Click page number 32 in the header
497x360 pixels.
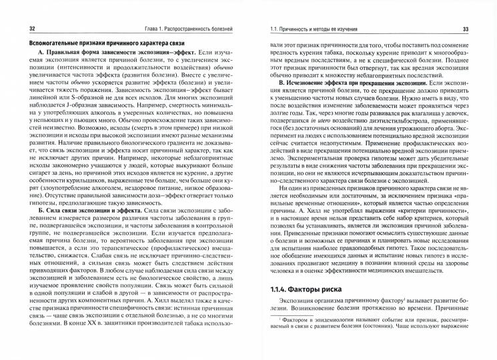[24, 29]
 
